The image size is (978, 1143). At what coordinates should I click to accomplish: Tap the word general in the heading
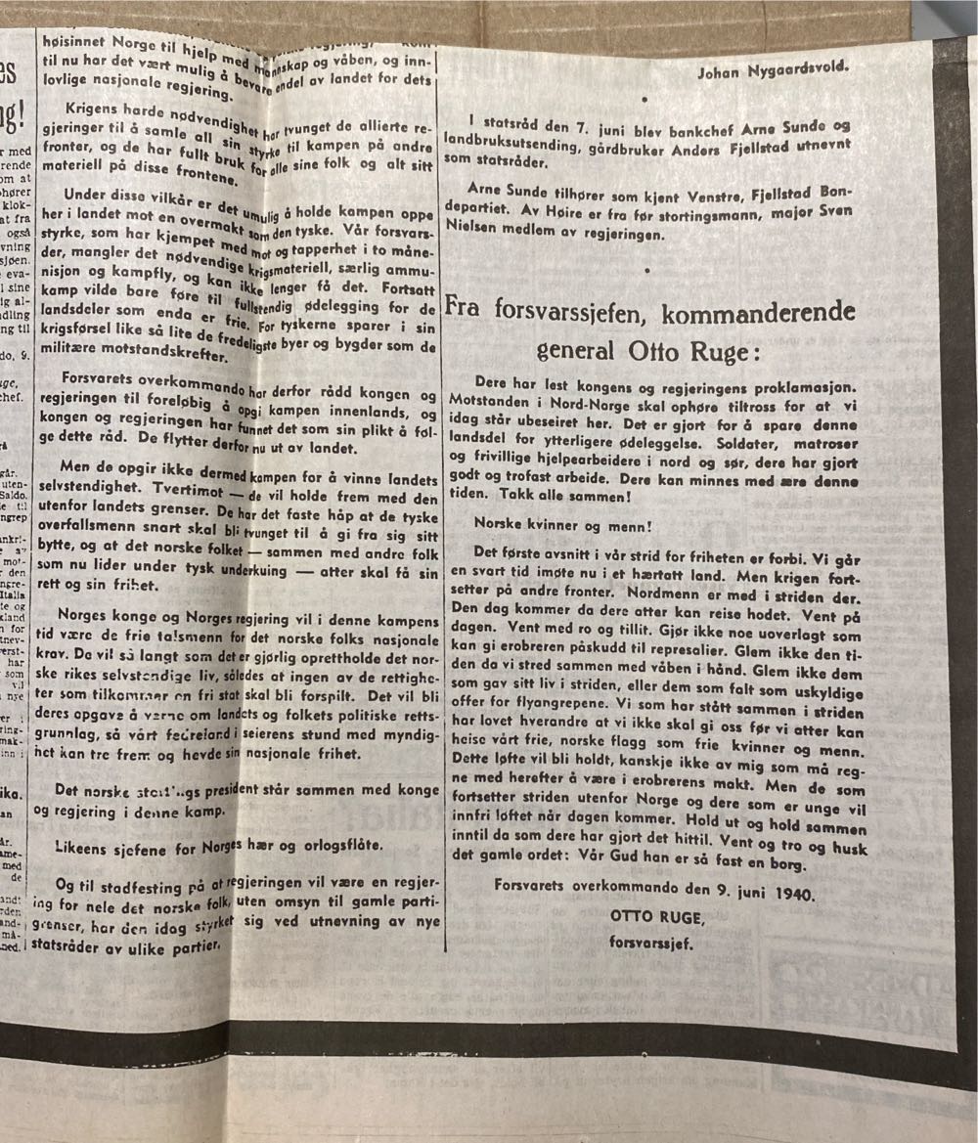575,349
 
